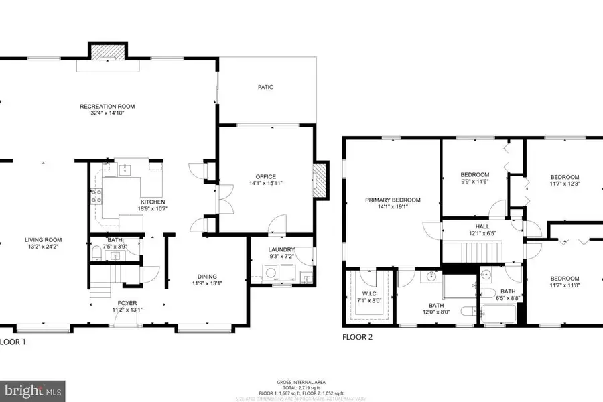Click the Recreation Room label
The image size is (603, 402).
[107, 106]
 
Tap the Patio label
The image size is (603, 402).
[265, 87]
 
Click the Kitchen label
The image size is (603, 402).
[152, 202]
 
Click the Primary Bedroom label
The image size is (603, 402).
[393, 200]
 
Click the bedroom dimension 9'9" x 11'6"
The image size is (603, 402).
[474, 182]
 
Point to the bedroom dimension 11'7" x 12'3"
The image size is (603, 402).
[564, 183]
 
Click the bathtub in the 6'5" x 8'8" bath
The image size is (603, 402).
[498, 314]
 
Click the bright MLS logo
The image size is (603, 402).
[33, 389]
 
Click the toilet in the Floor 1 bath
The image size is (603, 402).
[96, 253]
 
